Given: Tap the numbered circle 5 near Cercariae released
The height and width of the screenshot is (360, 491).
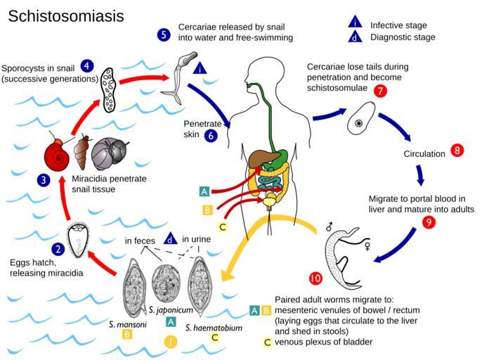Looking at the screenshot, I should pyautogui.click(x=164, y=34).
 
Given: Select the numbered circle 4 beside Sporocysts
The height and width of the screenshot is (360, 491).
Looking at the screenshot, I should pyautogui.click(x=88, y=66).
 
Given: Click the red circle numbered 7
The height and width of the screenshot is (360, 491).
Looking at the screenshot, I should pyautogui.click(x=381, y=91).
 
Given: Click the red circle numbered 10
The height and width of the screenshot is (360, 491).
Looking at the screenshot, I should pyautogui.click(x=315, y=278).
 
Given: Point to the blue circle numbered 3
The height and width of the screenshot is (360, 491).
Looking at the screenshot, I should pyautogui.click(x=44, y=180).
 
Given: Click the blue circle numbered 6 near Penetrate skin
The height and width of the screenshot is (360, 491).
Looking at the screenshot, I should pyautogui.click(x=211, y=136).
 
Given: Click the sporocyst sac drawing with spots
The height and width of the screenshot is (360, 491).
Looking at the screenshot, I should pyautogui.click(x=110, y=89).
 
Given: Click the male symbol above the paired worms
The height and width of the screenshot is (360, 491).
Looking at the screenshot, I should pyautogui.click(x=329, y=227).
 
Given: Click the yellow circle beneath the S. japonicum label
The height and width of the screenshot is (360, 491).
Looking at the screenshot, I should pyautogui.click(x=169, y=342).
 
